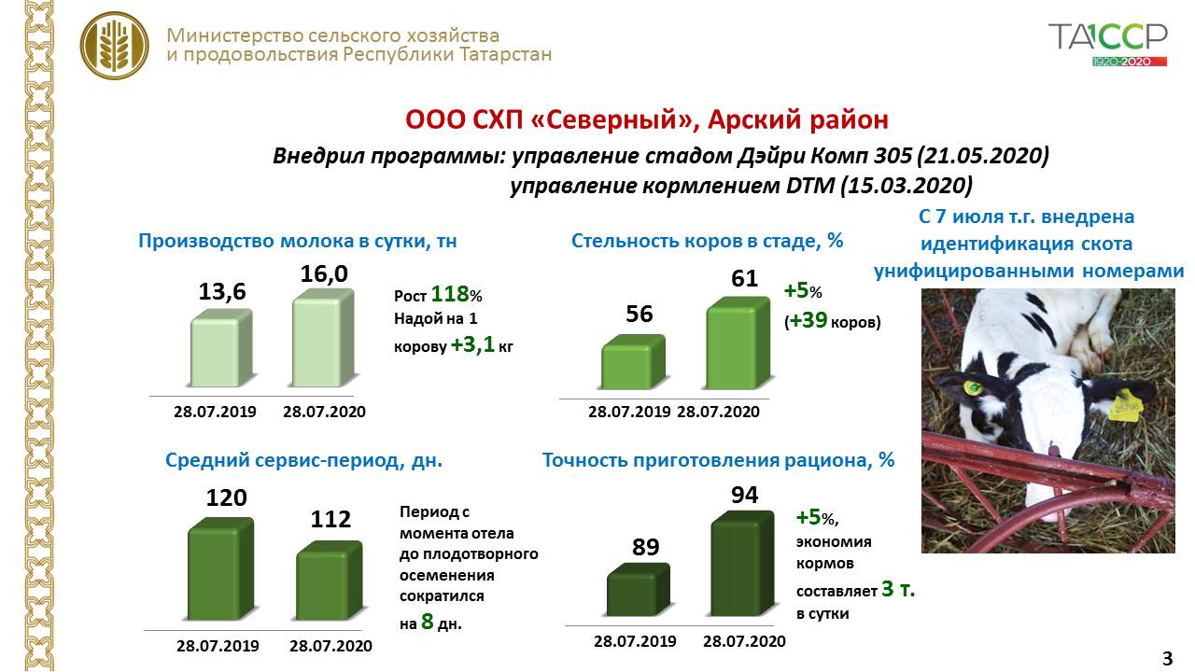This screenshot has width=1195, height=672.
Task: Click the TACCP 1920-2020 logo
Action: (1107, 43)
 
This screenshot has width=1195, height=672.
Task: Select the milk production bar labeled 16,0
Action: (324, 339)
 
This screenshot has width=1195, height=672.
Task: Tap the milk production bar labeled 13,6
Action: (221, 348)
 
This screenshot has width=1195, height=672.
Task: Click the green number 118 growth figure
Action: (449, 295)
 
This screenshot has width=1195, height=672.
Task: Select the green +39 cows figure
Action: (805, 322)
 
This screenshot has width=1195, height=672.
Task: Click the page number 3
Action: (1167, 658)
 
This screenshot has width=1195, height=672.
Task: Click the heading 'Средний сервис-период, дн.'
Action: (303, 460)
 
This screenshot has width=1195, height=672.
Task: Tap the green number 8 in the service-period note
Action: (428, 622)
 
